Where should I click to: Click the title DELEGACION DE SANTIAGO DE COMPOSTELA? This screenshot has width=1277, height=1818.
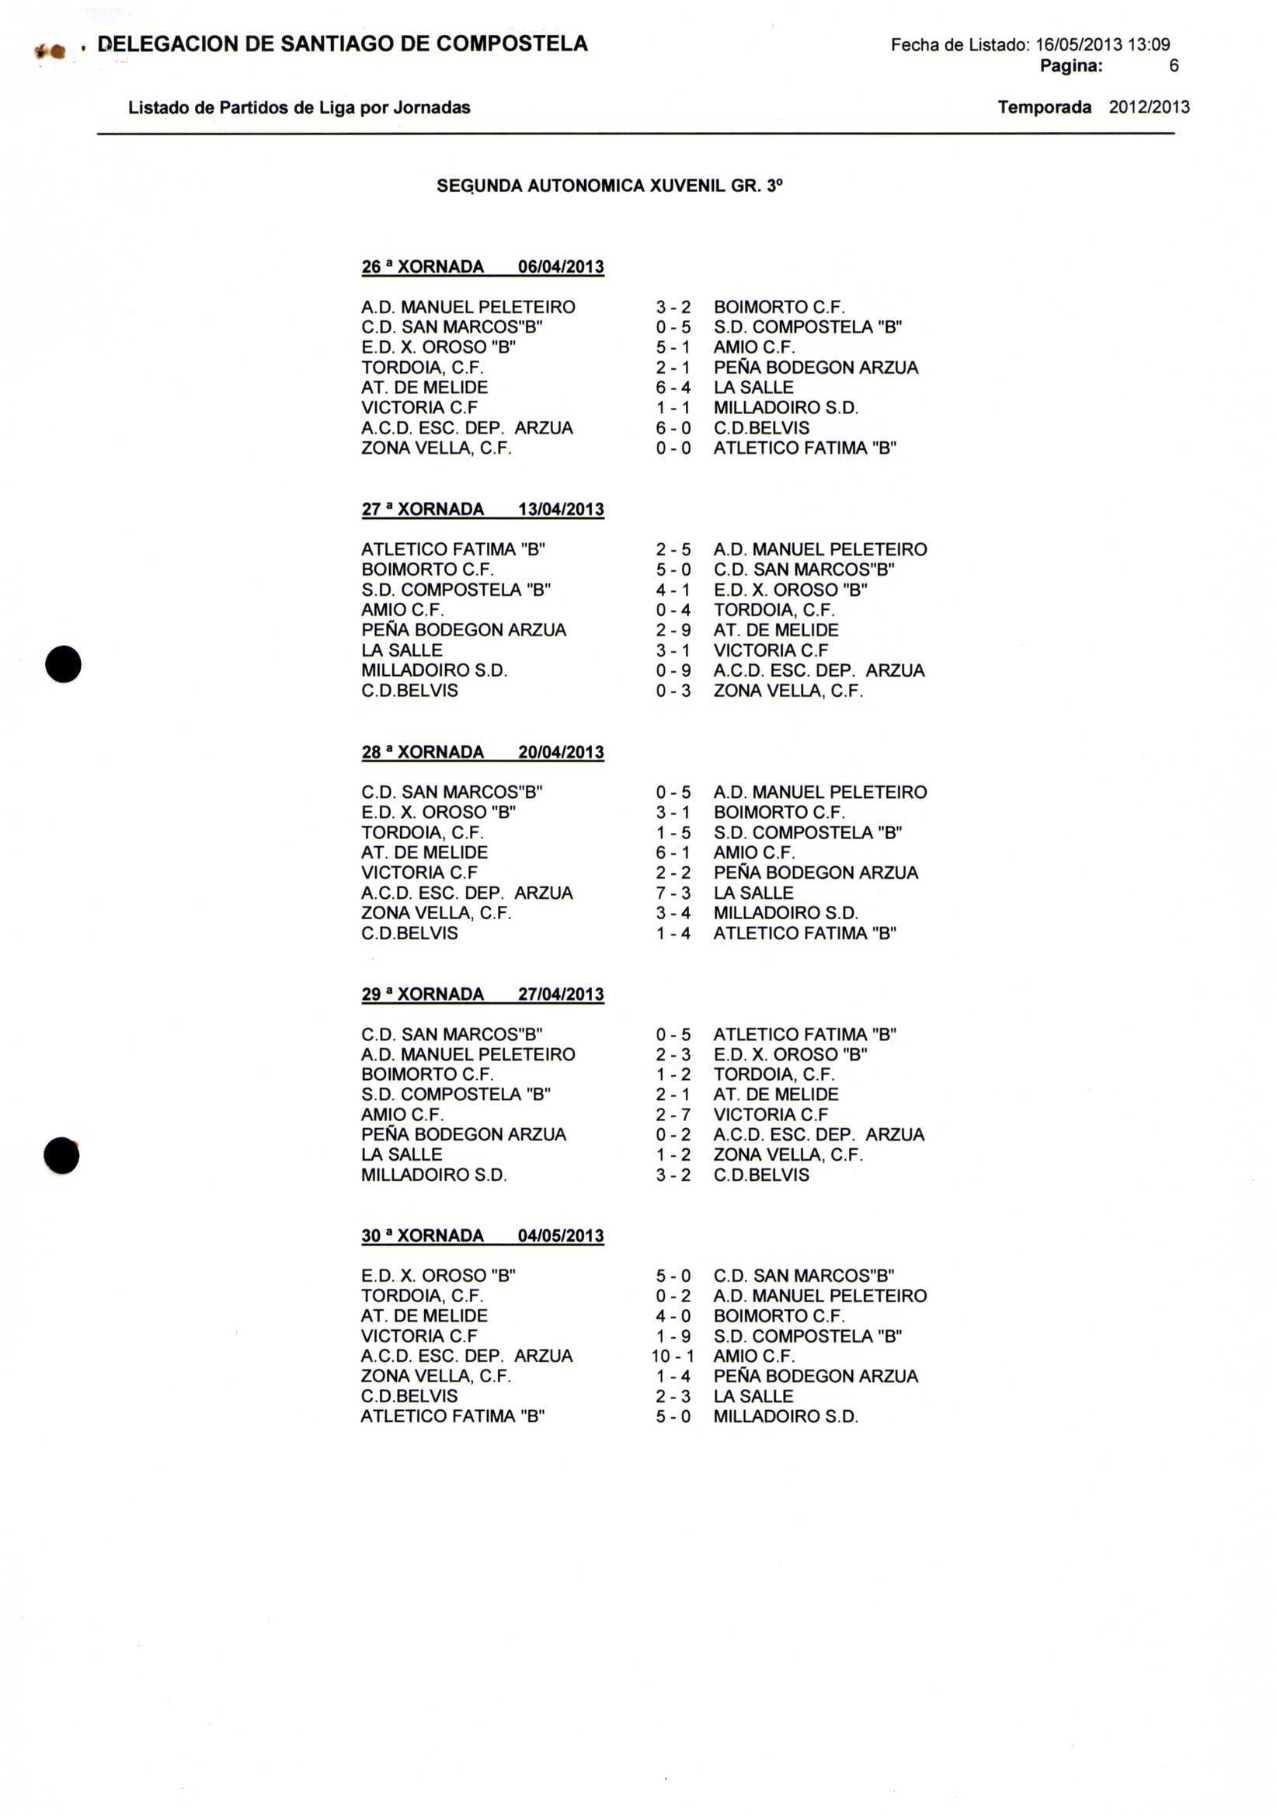(x=342, y=44)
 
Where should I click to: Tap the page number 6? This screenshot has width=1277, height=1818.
(x=1173, y=67)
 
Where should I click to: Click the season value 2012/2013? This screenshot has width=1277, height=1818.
(x=1148, y=108)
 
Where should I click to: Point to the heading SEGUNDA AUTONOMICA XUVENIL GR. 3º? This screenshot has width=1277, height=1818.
(x=609, y=187)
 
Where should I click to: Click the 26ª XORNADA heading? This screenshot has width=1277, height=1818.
(x=423, y=267)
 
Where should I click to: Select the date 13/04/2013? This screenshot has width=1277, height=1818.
(x=561, y=510)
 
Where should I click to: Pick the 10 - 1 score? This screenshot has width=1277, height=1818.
(x=672, y=1357)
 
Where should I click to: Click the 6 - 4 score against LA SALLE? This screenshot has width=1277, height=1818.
(x=673, y=388)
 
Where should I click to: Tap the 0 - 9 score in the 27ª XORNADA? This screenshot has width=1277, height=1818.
(x=673, y=670)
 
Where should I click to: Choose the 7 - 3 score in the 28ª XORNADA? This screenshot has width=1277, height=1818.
(x=673, y=893)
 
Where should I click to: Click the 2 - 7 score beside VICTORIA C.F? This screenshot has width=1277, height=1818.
(x=673, y=1115)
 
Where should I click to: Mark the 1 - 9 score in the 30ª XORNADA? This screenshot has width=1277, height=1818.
(x=673, y=1336)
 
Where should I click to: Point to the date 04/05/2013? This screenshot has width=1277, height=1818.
(x=561, y=1236)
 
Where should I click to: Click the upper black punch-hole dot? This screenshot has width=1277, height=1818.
(x=64, y=664)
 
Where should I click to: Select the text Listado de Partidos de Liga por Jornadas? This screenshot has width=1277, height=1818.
(x=299, y=108)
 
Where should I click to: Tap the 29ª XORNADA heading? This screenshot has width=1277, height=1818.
(x=423, y=994)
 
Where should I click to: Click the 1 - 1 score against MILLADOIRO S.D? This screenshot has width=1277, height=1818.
(x=673, y=408)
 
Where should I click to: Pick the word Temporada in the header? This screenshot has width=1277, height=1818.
(x=1044, y=108)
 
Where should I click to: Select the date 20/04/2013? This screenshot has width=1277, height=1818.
(x=561, y=752)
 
